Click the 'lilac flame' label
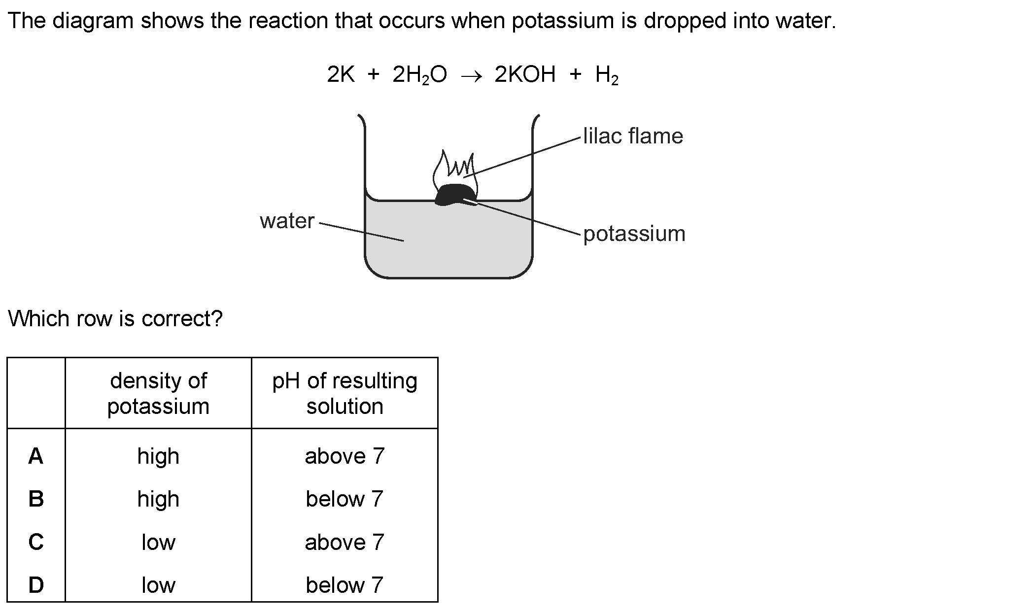(x=633, y=136)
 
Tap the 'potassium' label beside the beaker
(x=634, y=234)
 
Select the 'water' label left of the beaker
(x=287, y=221)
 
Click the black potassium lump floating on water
(x=454, y=194)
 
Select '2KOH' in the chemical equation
(x=525, y=75)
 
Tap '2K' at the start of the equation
(x=341, y=75)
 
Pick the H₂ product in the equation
(x=606, y=75)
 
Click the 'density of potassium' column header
(x=158, y=393)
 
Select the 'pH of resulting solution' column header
(x=345, y=393)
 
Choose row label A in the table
(x=36, y=456)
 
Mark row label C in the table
(x=36, y=542)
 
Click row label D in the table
(x=36, y=585)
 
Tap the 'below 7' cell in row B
(x=345, y=499)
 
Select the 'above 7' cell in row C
(x=345, y=542)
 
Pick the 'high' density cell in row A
(x=158, y=456)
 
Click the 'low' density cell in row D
(x=158, y=585)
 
